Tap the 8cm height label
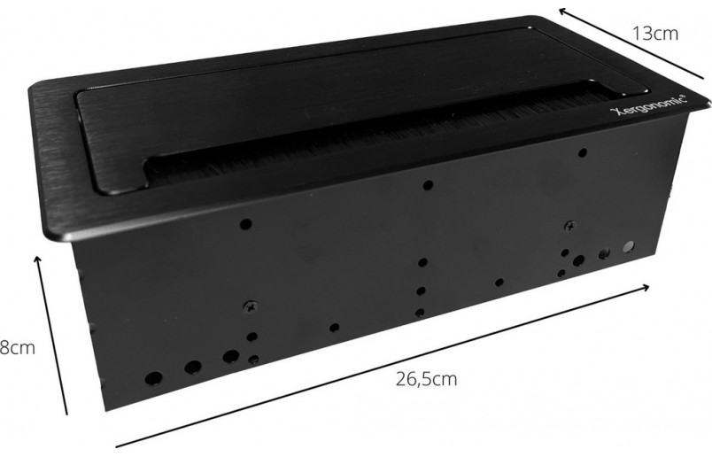pos(17,348)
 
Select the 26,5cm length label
pos(427,380)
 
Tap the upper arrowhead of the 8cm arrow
pos(38,258)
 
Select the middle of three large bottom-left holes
pos(191,367)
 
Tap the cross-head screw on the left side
pos(250,307)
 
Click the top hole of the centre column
pos(428,185)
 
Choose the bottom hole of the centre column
pos(420,312)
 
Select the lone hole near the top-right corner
pos(582,152)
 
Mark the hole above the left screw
pos(247,225)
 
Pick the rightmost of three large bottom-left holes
pos(230,357)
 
